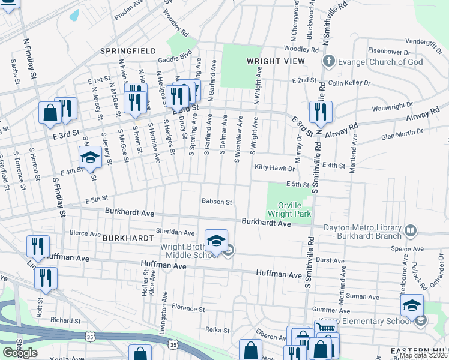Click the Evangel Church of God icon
tap(328, 62)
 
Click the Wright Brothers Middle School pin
tap(216, 241)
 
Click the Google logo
tap(20, 353)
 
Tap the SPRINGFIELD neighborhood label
tap(128, 51)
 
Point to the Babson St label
tap(217, 202)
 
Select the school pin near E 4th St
tap(90, 158)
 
